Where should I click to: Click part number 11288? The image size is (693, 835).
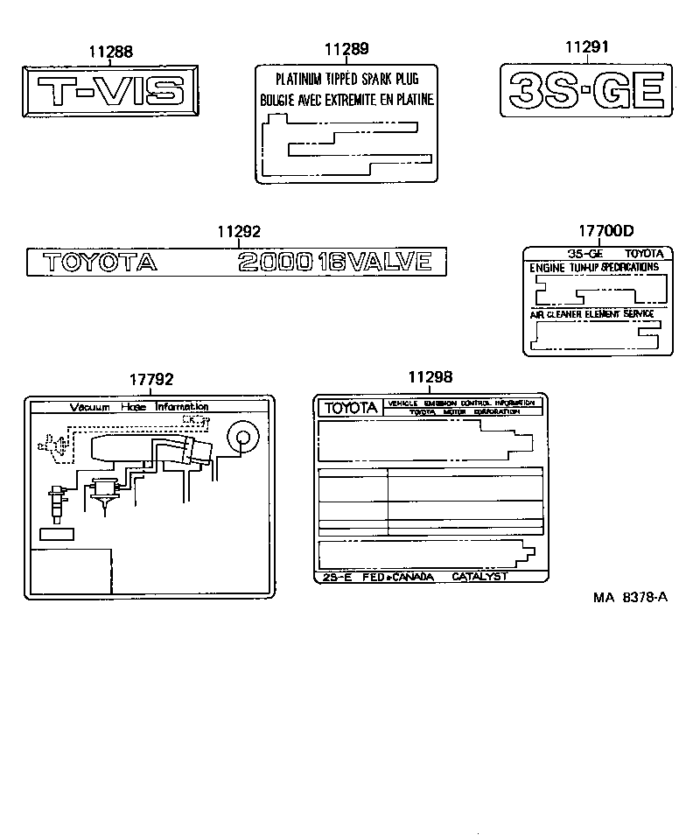click(x=111, y=52)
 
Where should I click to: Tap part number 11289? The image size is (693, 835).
click(x=346, y=49)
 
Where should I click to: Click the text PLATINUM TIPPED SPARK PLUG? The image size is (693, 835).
click(x=348, y=79)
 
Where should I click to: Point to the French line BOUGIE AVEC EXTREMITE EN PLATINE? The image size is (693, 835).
click(x=347, y=101)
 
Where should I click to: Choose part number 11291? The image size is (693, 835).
click(x=585, y=48)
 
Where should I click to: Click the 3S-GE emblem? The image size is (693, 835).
click(x=586, y=89)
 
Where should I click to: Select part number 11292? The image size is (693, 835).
click(x=239, y=232)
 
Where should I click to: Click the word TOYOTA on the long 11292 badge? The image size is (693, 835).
click(x=99, y=262)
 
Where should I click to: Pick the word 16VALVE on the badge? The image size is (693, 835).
click(x=375, y=262)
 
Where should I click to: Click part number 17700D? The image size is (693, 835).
click(x=605, y=232)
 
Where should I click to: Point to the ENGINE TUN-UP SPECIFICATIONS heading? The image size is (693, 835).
click(x=594, y=266)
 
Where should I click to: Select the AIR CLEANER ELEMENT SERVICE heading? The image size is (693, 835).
click(x=591, y=313)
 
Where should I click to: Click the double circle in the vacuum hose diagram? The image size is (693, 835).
click(x=241, y=437)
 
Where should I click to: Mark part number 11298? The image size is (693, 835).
click(x=430, y=377)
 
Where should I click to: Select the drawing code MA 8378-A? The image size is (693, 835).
click(x=631, y=598)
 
